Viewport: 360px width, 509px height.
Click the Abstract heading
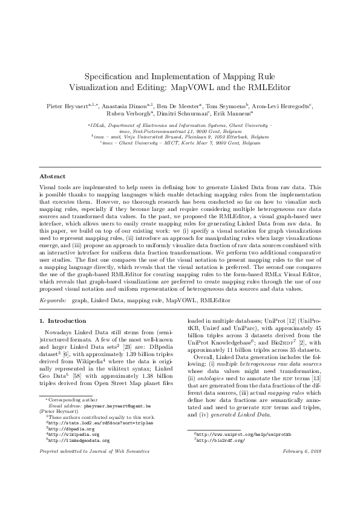pyautogui.click(x=52, y=176)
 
